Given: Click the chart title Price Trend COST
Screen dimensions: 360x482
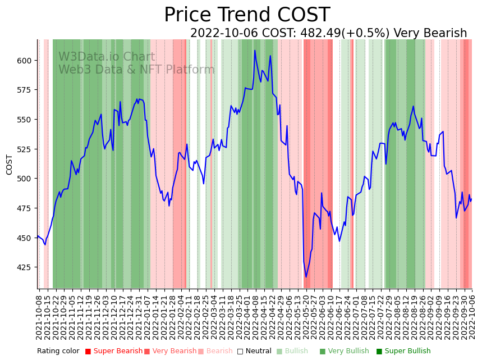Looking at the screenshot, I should [247, 15].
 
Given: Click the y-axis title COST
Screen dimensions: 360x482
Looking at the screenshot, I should [10, 165].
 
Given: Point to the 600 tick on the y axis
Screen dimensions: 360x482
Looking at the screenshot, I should [26, 61].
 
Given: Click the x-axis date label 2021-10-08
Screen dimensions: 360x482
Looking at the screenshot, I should [39, 317].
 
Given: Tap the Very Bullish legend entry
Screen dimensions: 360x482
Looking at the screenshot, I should [345, 352].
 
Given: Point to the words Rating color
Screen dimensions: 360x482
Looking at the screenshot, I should [58, 352].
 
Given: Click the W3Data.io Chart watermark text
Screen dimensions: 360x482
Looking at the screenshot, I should [107, 57].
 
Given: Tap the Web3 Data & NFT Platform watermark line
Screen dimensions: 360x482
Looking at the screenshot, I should [136, 70].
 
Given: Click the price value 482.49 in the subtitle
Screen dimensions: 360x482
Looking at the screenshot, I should [314, 34].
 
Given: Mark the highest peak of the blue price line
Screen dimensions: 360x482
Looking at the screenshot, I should [255, 51].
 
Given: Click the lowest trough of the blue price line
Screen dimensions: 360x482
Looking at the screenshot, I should [306, 277].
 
